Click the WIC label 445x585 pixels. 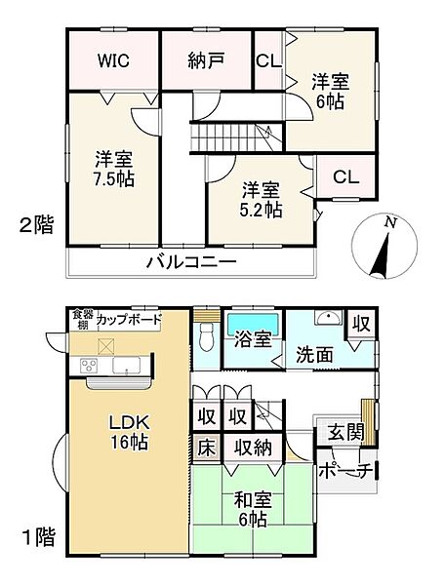(112, 59)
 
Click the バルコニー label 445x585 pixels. (192, 261)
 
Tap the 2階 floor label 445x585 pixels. (36, 226)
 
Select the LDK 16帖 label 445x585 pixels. (127, 432)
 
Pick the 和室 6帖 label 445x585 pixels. (251, 510)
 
